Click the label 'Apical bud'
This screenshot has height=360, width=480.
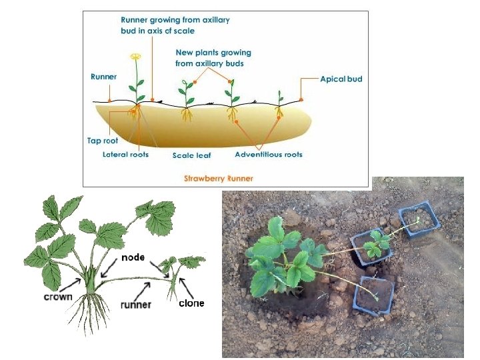pos(341,79)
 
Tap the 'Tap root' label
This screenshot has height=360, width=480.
pos(102,141)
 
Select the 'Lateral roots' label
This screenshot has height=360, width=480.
pos(125,155)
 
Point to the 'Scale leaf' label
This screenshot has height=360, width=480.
pos(191,155)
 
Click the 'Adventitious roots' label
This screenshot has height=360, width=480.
pos(269,155)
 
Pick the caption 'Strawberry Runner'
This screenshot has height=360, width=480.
pos(217,179)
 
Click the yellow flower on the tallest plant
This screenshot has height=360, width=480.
pos(136,57)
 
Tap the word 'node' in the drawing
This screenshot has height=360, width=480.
pos(133,257)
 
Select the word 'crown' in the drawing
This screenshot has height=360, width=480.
pos(58,296)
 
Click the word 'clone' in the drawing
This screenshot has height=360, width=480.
pos(191,303)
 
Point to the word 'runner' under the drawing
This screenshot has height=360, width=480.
pos(136,305)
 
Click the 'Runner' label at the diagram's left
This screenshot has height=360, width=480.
pos(103,77)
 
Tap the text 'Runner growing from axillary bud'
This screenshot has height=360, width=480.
pos(175,25)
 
